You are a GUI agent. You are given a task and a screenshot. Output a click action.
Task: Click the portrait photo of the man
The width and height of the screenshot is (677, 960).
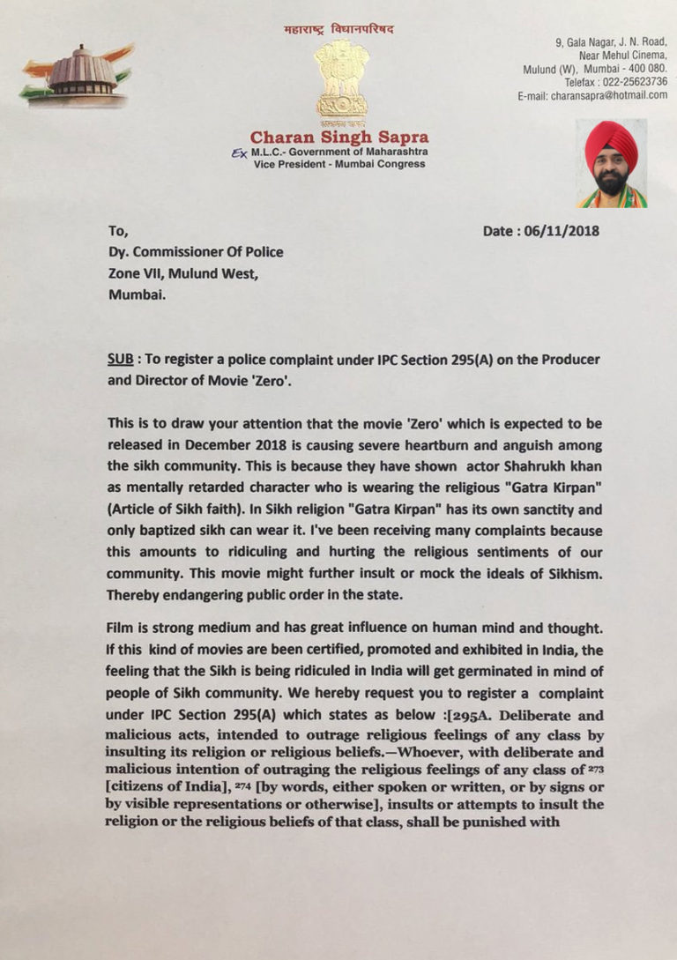point(612,164)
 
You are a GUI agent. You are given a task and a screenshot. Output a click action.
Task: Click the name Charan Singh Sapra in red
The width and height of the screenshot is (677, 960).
point(339,137)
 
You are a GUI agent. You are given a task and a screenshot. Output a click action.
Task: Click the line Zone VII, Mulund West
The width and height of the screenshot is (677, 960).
point(183,274)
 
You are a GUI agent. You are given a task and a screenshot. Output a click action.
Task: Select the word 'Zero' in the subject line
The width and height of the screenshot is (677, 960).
point(286,385)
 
